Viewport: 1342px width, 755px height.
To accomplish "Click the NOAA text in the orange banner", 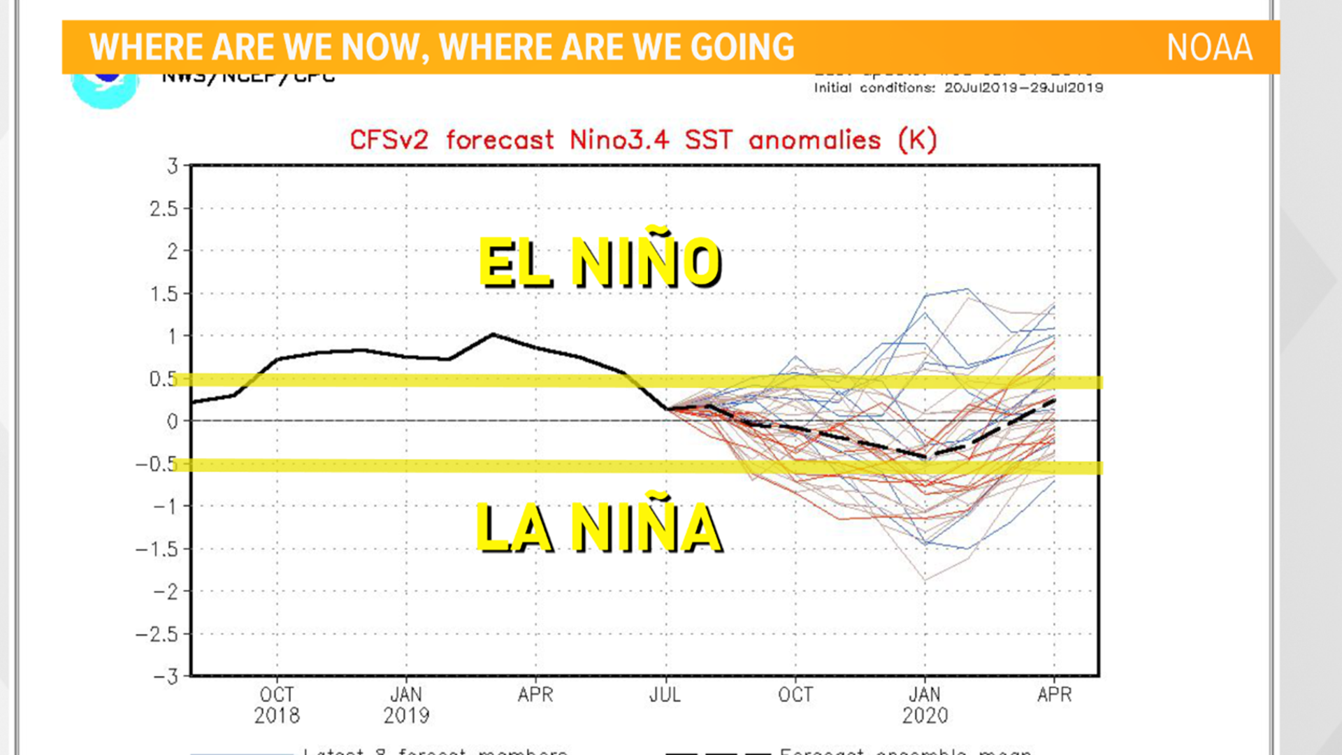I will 1209,48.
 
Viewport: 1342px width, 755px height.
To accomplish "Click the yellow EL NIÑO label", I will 600,262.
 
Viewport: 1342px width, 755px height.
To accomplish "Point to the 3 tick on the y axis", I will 173,166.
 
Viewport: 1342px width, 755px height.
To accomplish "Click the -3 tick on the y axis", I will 166,677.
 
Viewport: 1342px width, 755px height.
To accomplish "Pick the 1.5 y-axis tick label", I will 164,294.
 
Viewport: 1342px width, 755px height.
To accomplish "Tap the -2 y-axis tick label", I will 166,592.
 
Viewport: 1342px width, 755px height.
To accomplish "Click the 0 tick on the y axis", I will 173,422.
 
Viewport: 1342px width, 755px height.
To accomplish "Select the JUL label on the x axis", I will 665,695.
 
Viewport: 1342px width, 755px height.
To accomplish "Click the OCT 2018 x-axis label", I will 277,705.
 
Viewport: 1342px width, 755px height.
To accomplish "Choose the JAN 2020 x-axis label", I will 925,705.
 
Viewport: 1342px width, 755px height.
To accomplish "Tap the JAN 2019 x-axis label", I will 406,705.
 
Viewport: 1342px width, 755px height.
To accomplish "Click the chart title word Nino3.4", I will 619,140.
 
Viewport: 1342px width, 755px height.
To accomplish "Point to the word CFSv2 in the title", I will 389,140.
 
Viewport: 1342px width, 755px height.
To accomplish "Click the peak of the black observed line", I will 493,335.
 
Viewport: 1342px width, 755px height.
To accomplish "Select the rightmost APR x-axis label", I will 1054,695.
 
